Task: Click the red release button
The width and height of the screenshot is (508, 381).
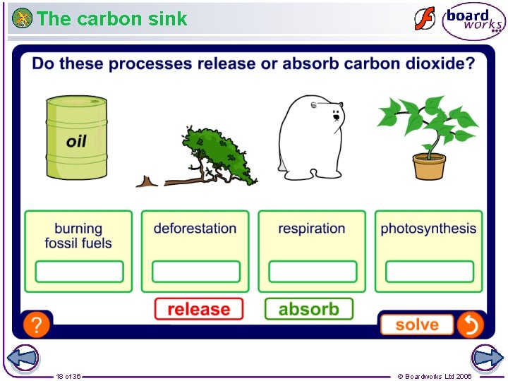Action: pos(199,309)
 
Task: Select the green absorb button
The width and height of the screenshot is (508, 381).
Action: pos(309,309)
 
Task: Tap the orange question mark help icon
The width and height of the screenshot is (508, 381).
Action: pos(37,325)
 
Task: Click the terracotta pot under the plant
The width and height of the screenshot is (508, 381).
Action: pos(429,167)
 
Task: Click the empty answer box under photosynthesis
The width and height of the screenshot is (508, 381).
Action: pos(429,272)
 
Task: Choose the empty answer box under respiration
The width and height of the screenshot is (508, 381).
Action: pos(312,272)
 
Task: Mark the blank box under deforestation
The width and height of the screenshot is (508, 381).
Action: pos(195,272)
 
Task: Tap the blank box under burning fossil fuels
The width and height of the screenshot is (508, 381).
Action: pos(79,272)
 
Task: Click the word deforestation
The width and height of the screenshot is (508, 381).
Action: pos(195,229)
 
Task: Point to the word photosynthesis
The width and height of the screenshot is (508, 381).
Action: pos(428,229)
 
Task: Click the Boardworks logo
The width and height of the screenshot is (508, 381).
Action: pos(473,21)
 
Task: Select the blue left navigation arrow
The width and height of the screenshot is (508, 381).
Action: pos(22,358)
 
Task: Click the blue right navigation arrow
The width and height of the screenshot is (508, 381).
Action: pos(486,358)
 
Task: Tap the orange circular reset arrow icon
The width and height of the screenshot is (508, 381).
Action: pos(470,325)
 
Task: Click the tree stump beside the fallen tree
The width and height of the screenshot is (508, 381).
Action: pos(147,182)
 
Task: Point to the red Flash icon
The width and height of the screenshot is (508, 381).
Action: pos(424,19)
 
